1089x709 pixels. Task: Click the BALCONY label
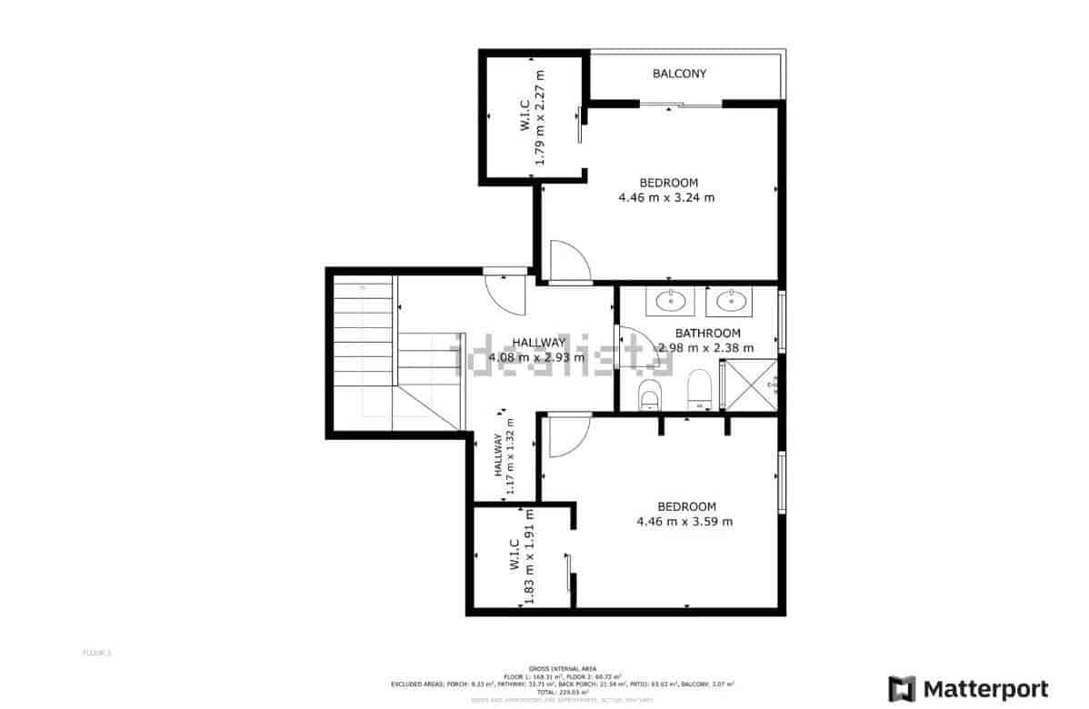click(679, 74)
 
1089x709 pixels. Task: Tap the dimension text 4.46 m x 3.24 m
click(666, 197)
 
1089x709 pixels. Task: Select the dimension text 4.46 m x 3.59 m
click(684, 521)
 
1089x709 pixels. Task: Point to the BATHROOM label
click(707, 334)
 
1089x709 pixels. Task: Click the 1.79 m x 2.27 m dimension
click(539, 118)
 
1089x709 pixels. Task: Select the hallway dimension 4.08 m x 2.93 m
click(536, 357)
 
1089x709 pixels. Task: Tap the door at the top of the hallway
click(504, 291)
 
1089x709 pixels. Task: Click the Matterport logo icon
click(903, 688)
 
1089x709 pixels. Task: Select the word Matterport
click(985, 688)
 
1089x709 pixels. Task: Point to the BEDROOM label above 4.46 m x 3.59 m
click(686, 506)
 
